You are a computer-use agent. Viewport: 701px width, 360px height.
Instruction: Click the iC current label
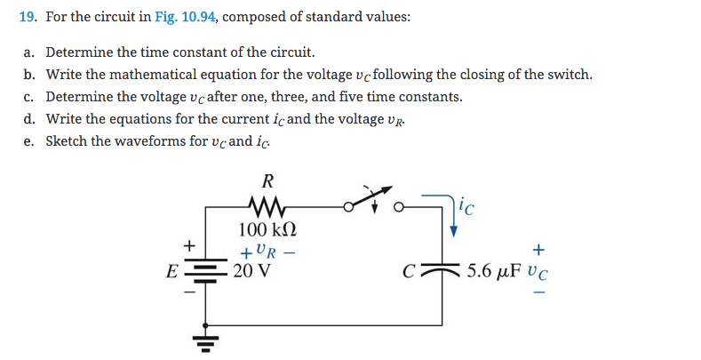click(x=469, y=210)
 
